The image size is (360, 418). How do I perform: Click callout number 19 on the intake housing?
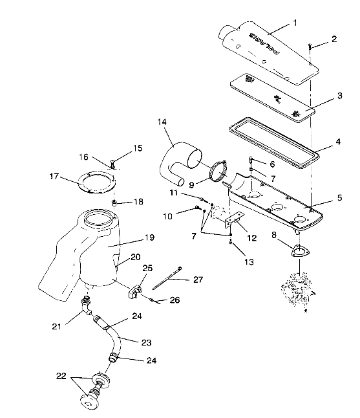149,237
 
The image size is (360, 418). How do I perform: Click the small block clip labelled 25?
136,290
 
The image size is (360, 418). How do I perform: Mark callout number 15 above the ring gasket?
136,148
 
